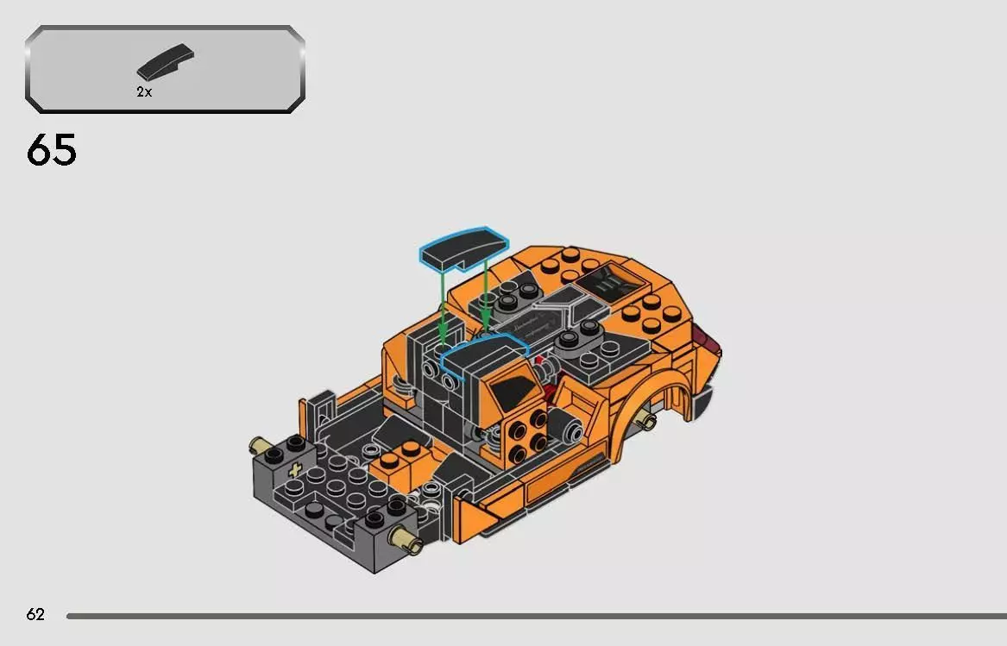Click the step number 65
52,150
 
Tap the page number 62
35,614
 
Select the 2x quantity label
144,92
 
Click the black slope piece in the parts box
165,64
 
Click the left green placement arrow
443,306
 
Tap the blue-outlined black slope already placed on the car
483,354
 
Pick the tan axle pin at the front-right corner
404,539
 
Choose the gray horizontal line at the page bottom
535,616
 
